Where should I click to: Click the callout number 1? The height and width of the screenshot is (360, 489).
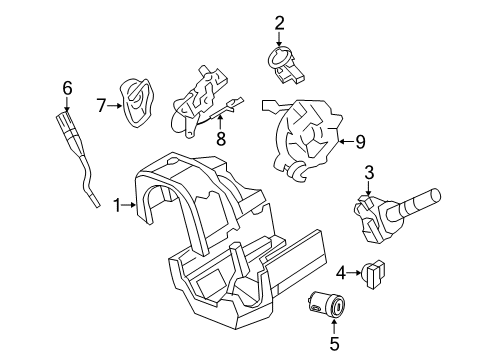(117, 205)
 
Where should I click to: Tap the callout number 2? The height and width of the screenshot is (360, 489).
(279, 23)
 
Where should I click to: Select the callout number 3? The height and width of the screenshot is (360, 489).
(369, 173)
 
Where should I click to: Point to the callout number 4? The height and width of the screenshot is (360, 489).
(341, 273)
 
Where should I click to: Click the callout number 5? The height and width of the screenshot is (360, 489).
(334, 344)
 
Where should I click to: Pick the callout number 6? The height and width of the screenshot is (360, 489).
(67, 88)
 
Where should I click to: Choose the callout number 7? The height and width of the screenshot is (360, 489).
(101, 106)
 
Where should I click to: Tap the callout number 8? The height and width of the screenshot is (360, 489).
(221, 138)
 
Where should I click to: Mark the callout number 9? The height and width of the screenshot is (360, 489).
(360, 142)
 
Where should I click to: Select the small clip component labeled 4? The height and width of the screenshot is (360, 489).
(373, 274)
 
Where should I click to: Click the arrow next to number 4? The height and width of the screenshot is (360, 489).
(354, 273)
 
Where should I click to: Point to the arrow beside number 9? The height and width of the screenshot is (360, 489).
(346, 142)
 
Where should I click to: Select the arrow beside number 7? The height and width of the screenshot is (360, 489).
(115, 106)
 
